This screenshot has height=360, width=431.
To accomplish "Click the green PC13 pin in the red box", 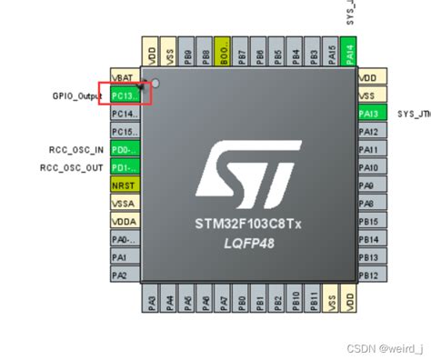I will coord(124,95).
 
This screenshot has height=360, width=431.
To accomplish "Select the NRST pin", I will coord(124,185).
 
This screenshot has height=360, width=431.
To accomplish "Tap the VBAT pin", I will coord(124,78).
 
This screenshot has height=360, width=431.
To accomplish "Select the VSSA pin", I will coord(124,204).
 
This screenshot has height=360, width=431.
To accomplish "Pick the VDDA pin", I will coord(124,221).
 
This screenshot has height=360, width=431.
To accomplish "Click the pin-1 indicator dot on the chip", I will coord(155,85).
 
